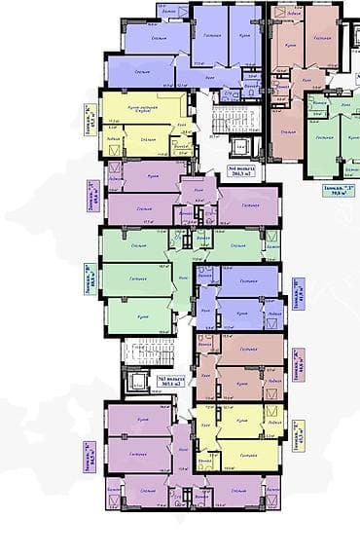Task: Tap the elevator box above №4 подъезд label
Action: (x=240, y=148)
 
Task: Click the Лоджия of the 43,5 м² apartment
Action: (x=274, y=425)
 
